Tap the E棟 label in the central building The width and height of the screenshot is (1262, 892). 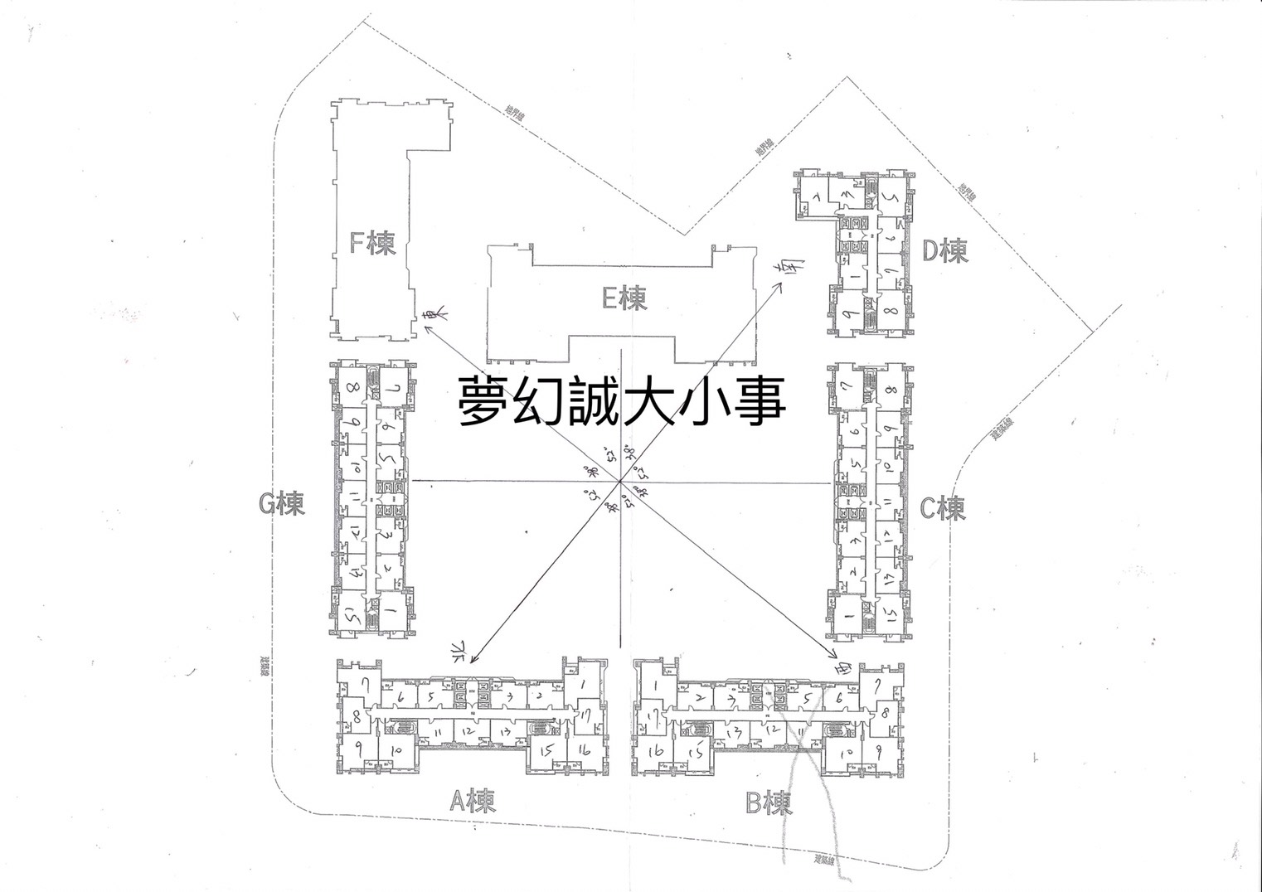624,298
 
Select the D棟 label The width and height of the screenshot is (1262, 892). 945,250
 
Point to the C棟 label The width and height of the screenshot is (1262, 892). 943,508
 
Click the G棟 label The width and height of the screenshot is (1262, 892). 281,503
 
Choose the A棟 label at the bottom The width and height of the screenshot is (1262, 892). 472,802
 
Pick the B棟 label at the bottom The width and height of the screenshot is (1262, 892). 769,803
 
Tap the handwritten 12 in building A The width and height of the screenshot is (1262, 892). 468,730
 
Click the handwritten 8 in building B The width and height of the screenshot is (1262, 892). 885,711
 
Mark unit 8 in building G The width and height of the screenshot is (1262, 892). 352,387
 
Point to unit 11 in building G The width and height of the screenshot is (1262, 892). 354,499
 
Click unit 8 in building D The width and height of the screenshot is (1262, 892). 888,312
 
